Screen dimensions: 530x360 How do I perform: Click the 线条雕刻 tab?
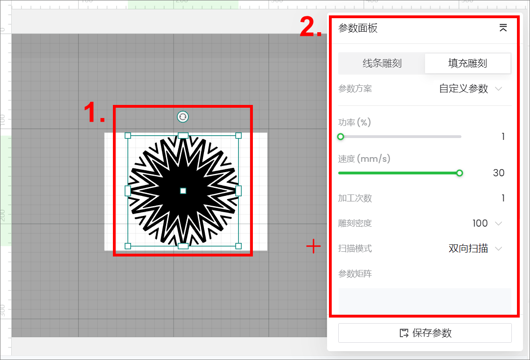[382, 63]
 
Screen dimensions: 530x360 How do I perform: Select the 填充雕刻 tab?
[467, 63]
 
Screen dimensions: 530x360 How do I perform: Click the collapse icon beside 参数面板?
[503, 28]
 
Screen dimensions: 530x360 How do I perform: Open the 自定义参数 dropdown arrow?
[498, 89]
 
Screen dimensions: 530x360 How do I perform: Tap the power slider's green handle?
[341, 137]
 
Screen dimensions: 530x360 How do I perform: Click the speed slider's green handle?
[460, 173]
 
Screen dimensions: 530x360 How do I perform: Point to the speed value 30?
[499, 173]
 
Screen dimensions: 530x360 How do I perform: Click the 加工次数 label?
[355, 198]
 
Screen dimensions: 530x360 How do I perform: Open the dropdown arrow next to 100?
[498, 223]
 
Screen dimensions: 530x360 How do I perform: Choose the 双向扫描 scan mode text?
[468, 249]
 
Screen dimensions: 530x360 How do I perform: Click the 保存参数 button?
[425, 333]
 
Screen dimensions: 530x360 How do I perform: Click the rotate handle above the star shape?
[183, 117]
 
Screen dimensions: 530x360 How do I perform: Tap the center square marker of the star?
[183, 191]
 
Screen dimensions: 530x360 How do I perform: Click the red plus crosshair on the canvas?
[314, 246]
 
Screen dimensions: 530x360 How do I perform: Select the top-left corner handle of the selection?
[128, 135]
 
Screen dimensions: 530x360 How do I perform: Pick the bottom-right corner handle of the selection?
[238, 246]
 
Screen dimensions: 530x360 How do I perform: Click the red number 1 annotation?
[94, 112]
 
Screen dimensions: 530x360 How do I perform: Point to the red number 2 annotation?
[311, 27]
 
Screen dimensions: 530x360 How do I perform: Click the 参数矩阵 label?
[355, 274]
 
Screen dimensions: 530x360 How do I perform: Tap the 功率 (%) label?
[355, 122]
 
